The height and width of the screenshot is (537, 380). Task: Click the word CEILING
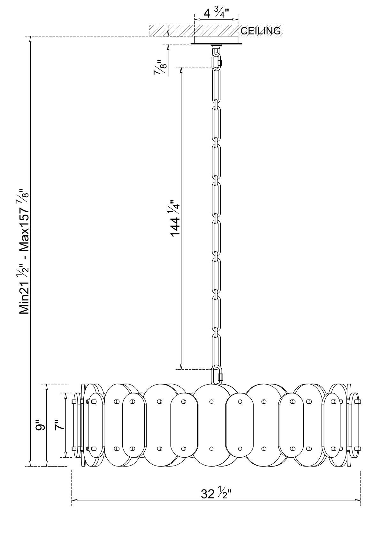[261, 31]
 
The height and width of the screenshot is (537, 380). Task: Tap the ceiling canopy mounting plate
[216, 40]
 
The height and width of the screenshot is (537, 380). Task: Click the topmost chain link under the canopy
[216, 61]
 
